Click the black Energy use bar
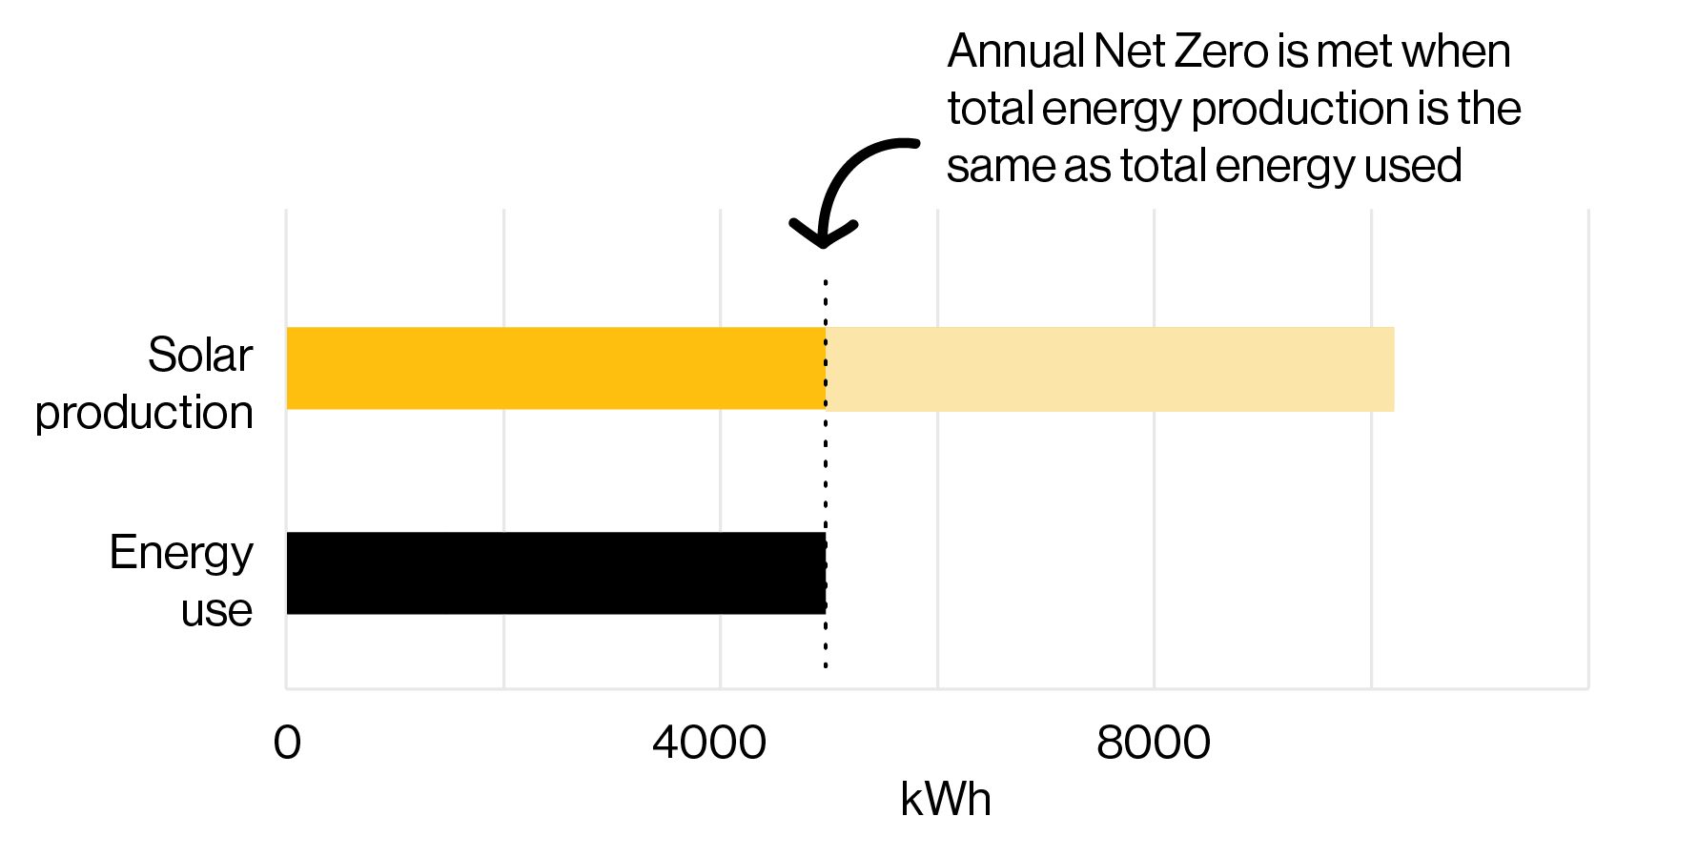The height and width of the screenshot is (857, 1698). (x=556, y=573)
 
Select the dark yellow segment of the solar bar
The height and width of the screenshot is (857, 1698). (x=556, y=369)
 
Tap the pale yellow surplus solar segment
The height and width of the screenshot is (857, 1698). (x=1110, y=369)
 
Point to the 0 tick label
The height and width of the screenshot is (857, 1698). (x=287, y=743)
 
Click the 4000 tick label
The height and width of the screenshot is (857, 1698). (x=709, y=743)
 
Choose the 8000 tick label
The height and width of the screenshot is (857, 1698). (x=1153, y=743)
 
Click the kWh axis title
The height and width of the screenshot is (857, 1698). (x=945, y=799)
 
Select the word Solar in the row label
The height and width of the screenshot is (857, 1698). (x=200, y=356)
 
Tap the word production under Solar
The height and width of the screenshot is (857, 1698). (x=144, y=413)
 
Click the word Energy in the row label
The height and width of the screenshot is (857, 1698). (x=181, y=553)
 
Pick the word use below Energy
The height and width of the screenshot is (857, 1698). (x=216, y=610)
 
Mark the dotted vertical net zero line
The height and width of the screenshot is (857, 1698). (x=826, y=477)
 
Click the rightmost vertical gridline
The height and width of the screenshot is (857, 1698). (x=1587, y=448)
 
